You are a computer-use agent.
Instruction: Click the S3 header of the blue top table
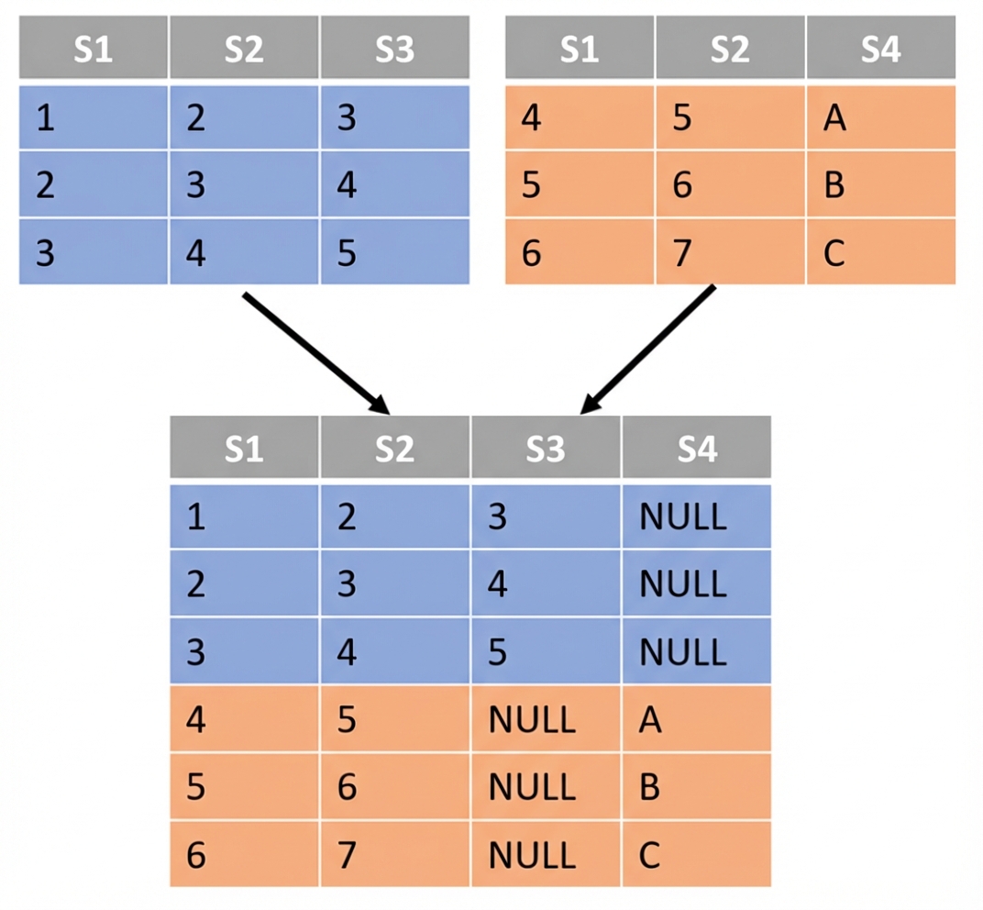point(394,50)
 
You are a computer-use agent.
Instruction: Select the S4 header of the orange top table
point(880,50)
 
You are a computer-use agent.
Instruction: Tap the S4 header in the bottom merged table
point(696,449)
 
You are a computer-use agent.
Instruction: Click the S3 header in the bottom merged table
point(545,449)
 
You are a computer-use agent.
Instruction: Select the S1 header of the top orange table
point(579,50)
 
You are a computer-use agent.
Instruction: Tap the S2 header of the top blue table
point(244,50)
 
